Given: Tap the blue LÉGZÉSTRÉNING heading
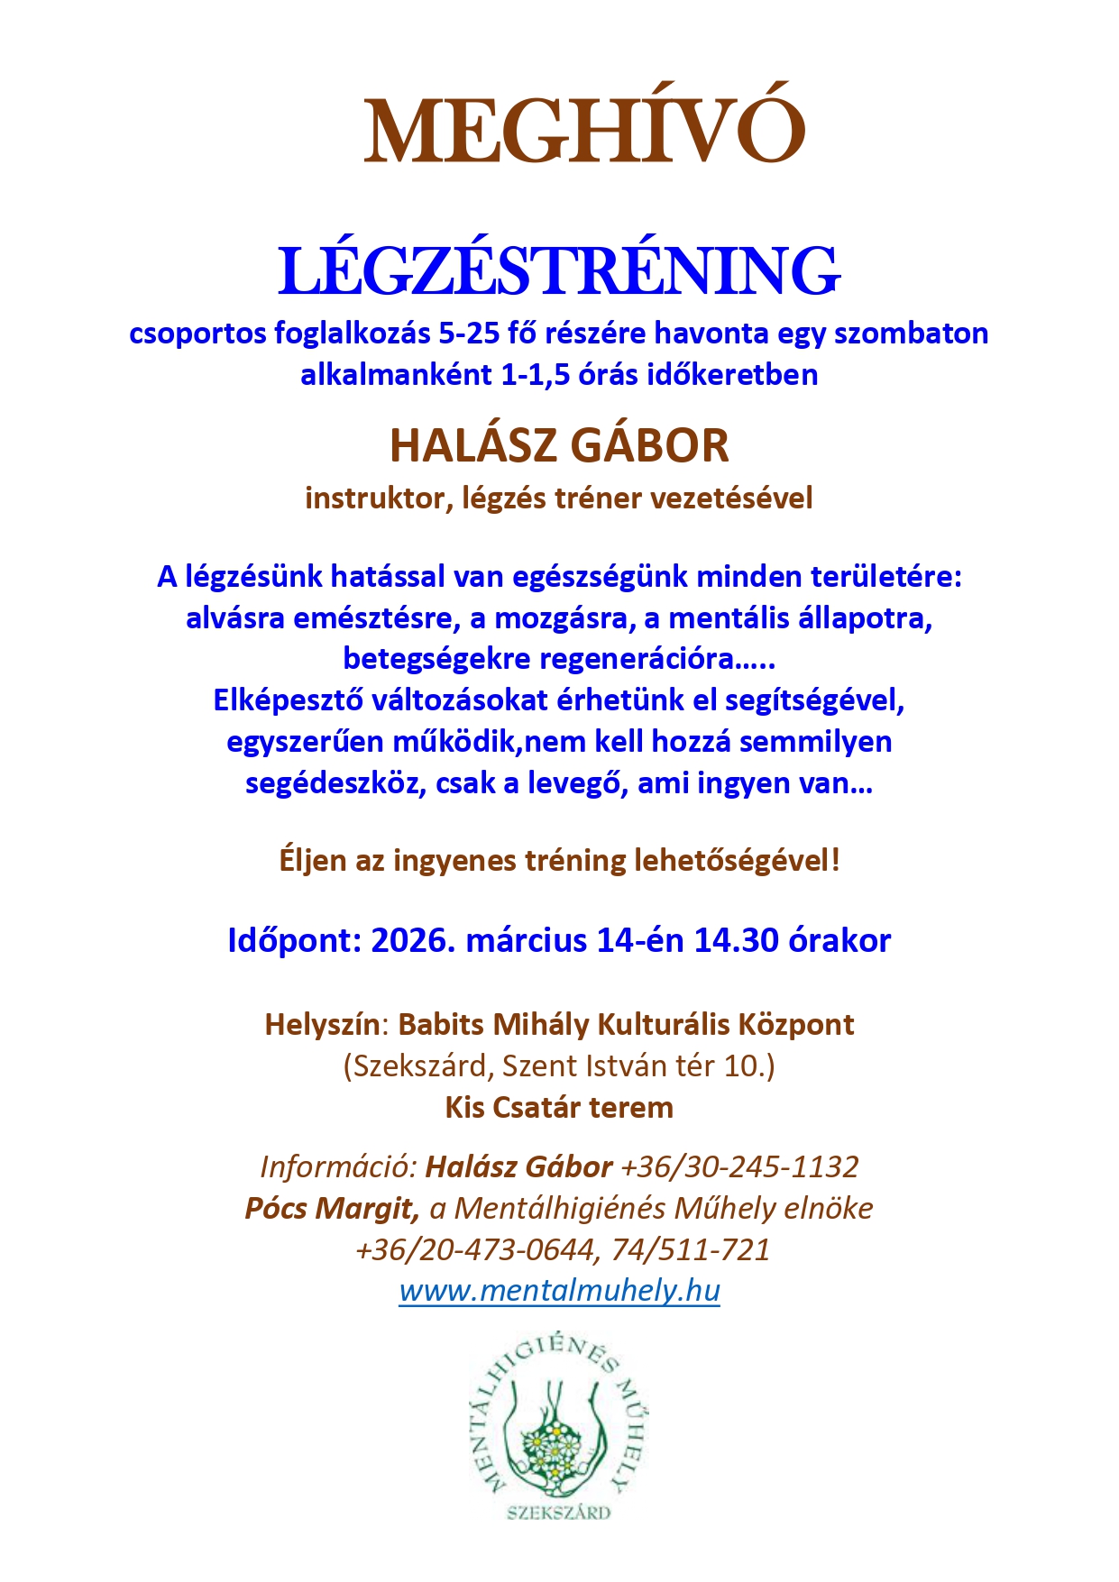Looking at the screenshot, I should [x=559, y=270].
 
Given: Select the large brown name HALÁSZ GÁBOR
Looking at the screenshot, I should [x=559, y=445].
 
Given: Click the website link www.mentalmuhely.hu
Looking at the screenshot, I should [x=559, y=1290].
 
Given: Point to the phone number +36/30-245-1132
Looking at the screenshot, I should [x=739, y=1166].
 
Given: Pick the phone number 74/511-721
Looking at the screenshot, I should [x=691, y=1249].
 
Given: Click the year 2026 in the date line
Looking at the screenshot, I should [x=412, y=940].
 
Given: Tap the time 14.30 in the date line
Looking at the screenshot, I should [x=736, y=940].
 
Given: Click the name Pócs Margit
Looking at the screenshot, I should [x=331, y=1208].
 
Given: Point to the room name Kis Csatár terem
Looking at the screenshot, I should [x=559, y=1107].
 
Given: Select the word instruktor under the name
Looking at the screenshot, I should [x=378, y=498].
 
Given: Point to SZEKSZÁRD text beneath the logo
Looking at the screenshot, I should [x=559, y=1512].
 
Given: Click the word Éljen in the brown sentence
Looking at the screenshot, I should [x=312, y=860].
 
